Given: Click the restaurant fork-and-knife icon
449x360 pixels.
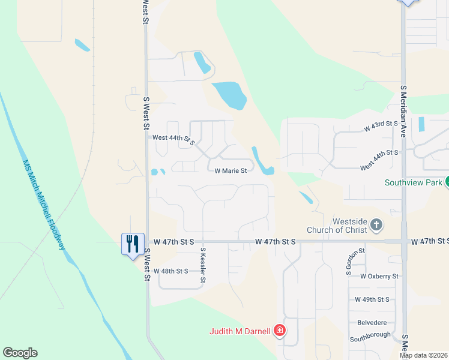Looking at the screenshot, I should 133,244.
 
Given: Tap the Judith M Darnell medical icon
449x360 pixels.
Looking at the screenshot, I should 279,331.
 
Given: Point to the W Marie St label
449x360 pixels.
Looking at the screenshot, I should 231,171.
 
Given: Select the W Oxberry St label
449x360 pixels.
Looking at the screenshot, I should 379,277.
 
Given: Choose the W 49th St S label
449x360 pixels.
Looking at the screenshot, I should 372,299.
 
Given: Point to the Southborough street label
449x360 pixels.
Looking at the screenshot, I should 370,335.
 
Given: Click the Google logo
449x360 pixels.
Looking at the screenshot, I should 20,353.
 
